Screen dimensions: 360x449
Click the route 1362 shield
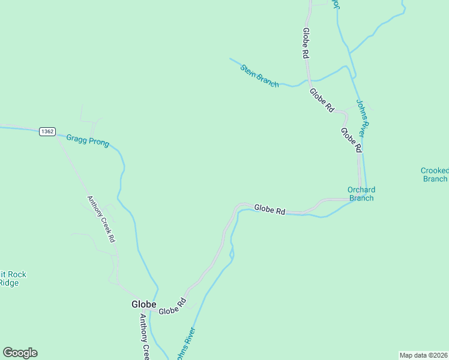(x=48, y=131)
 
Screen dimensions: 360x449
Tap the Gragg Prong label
(x=88, y=140)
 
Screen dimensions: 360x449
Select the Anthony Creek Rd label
(x=101, y=219)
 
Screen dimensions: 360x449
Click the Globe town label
(x=144, y=304)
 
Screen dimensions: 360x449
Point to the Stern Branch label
(x=259, y=76)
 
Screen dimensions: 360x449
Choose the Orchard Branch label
(x=361, y=194)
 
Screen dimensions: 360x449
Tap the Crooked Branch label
(x=435, y=175)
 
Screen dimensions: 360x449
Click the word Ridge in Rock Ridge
(x=8, y=283)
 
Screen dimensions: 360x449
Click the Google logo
(x=20, y=352)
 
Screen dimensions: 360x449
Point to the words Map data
(x=413, y=355)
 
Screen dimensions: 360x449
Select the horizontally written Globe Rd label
(x=269, y=209)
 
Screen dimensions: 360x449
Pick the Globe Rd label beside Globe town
(x=173, y=307)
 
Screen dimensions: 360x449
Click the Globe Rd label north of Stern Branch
(x=306, y=43)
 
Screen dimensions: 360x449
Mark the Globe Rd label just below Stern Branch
(x=322, y=100)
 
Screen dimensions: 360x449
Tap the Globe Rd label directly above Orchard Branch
(x=351, y=139)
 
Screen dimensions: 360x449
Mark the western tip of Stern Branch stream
(x=230, y=58)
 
